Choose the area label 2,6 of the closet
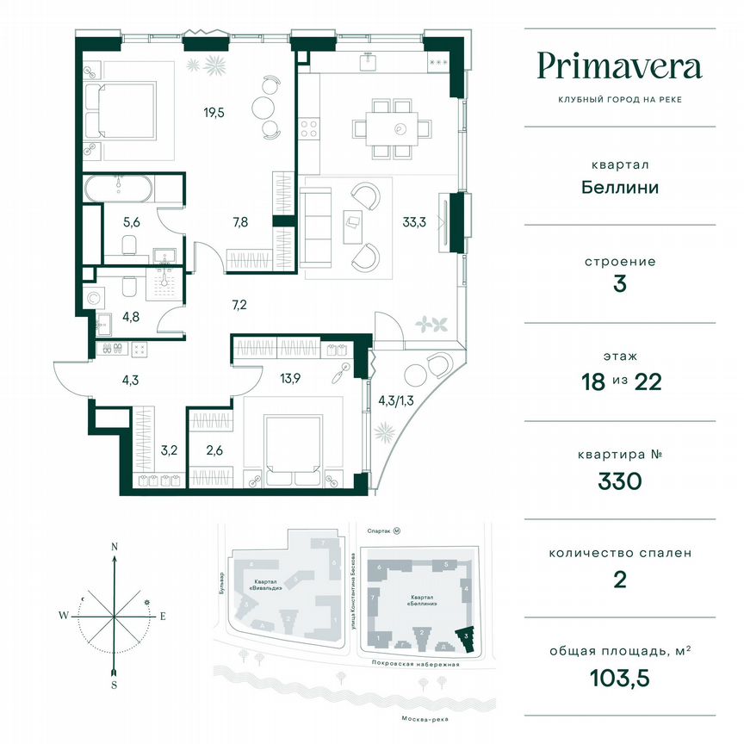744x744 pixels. point(215,449)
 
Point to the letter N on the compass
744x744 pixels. point(114,546)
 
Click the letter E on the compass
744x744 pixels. point(162,615)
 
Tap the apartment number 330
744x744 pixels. point(619,480)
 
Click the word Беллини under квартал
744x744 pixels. point(619,187)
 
